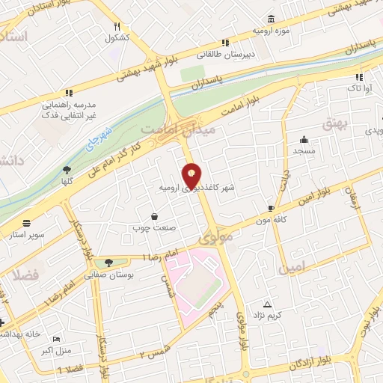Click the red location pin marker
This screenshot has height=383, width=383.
pyautogui.click(x=193, y=174)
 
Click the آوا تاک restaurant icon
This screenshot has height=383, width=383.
pyautogui.click(x=360, y=77)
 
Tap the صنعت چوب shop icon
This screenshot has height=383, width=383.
pyautogui.click(x=153, y=215)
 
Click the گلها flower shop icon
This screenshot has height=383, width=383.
pyautogui.click(x=67, y=169)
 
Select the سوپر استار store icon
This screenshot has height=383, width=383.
pyautogui.click(x=27, y=223)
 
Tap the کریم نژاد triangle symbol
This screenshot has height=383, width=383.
pyautogui.click(x=268, y=304)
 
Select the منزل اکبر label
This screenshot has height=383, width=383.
pyautogui.click(x=55, y=349)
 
